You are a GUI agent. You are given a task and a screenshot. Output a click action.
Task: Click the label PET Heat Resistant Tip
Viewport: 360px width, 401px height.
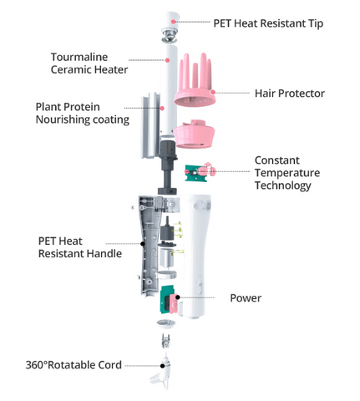coord(268,23)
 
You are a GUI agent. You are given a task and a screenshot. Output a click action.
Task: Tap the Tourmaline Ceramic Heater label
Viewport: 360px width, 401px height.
coord(89,63)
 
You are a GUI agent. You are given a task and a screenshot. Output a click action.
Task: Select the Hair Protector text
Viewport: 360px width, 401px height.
coord(290,94)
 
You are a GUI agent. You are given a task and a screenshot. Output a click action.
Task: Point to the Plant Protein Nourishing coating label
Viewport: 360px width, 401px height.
coord(83,114)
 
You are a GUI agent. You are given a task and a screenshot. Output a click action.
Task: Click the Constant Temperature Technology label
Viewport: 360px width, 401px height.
coord(287,173)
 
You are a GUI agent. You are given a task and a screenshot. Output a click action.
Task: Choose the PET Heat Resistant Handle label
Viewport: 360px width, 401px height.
coord(80,247)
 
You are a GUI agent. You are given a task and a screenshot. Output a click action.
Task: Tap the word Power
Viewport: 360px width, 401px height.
coord(246,298)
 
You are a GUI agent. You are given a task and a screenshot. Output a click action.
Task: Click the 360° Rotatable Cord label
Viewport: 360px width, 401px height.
coord(74,365)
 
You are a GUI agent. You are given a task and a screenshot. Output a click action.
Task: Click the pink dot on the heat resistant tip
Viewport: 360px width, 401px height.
coord(173,22)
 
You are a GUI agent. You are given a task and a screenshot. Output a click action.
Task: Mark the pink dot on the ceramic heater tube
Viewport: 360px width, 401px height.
coord(167,60)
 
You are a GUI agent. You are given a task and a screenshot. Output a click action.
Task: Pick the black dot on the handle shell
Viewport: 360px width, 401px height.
coord(143,244)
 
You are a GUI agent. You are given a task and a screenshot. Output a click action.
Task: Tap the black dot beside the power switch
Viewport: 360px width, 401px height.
coord(178,297)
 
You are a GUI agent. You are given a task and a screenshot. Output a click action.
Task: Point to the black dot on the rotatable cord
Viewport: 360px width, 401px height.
coord(162,366)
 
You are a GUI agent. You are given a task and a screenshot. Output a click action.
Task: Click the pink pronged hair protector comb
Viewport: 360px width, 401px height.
coord(195,81)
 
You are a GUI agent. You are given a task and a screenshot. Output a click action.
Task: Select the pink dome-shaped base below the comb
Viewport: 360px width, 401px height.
coord(195,135)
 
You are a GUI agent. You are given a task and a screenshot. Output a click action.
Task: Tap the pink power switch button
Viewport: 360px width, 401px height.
coord(174,303)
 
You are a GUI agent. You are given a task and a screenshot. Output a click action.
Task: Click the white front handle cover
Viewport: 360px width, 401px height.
coord(195,256)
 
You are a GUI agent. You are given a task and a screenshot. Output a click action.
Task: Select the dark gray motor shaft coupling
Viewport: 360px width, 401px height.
coord(167,167)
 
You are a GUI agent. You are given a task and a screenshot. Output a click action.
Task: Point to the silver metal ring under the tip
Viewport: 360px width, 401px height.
coord(170,36)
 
